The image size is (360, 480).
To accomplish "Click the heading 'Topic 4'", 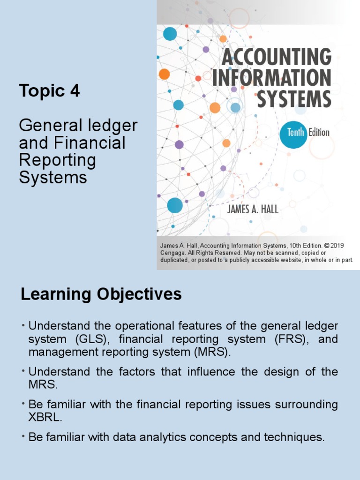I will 49,91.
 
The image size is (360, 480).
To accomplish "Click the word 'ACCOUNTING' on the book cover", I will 276,57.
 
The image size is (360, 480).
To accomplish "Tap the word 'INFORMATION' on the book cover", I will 271,78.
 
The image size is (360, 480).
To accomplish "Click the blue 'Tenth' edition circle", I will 293,133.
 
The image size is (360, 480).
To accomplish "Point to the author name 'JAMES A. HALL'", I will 253,210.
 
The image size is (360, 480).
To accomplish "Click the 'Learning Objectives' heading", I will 101,294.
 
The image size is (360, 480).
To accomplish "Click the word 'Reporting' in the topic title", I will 57,160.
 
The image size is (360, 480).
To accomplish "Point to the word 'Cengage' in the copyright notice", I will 173,253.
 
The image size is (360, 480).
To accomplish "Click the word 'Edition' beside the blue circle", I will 319,133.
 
